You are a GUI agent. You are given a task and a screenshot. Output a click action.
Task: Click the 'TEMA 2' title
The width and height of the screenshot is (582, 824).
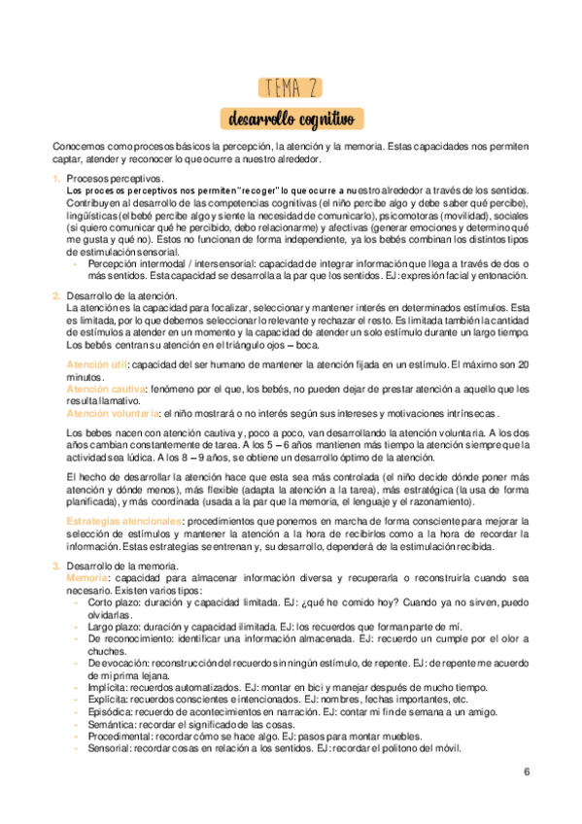point(291,88)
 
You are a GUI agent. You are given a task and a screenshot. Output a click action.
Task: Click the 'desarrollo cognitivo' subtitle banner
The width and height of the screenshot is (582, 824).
point(291,120)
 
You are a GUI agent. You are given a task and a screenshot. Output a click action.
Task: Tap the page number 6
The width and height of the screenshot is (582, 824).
point(526,773)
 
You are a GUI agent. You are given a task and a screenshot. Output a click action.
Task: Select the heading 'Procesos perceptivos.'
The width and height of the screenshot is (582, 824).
point(115,178)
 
